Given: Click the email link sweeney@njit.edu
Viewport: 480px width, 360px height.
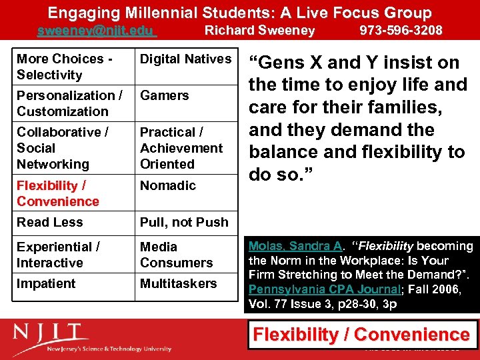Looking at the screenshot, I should pyautogui.click(x=96, y=31).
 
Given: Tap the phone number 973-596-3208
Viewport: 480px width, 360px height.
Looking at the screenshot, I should pyautogui.click(x=401, y=31).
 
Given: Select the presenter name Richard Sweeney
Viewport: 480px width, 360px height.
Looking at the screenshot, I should pyautogui.click(x=259, y=31).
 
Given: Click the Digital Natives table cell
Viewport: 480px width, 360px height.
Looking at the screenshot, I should pyautogui.click(x=185, y=59).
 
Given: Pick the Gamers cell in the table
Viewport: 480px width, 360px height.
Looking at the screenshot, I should pyautogui.click(x=164, y=96).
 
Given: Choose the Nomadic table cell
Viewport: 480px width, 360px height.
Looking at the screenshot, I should pyautogui.click(x=167, y=185).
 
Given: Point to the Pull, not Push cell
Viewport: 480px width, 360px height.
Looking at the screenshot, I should pyautogui.click(x=184, y=222).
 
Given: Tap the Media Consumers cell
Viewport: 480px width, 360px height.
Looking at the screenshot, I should pyautogui.click(x=176, y=255).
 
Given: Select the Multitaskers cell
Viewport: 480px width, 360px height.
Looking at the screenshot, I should pyautogui.click(x=178, y=283).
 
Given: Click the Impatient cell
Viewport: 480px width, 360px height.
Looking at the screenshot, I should pyautogui.click(x=46, y=283).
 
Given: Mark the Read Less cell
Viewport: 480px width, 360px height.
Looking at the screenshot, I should pyautogui.click(x=49, y=222).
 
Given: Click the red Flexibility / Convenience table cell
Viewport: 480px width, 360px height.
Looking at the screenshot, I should pyautogui.click(x=58, y=193).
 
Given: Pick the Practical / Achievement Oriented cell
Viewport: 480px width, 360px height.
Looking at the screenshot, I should pyautogui.click(x=181, y=148).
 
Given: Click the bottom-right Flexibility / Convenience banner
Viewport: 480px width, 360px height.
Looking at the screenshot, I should pyautogui.click(x=362, y=335).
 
